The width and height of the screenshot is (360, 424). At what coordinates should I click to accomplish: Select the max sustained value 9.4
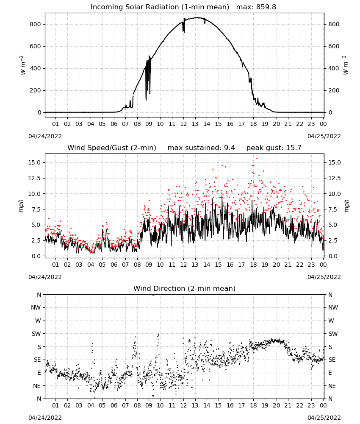(230, 148)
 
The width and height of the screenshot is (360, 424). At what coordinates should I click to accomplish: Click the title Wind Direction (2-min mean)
(185, 288)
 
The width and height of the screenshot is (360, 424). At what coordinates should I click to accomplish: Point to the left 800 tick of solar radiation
(36, 24)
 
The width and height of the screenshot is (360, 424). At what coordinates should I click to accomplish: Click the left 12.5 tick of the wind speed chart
(34, 178)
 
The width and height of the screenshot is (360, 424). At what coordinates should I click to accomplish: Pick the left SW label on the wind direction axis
(36, 334)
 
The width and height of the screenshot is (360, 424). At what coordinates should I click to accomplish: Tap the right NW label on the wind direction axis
(333, 307)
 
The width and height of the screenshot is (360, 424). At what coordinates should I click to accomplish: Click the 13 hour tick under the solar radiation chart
(195, 124)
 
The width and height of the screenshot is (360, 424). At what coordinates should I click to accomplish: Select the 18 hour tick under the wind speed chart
(253, 265)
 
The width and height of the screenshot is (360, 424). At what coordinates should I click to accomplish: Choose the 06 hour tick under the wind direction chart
(114, 405)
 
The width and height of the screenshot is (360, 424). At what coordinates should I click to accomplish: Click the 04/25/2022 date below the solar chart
(324, 136)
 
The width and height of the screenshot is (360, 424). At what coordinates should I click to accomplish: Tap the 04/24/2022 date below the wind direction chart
(45, 418)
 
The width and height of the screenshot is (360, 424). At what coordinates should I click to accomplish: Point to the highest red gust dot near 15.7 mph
(257, 159)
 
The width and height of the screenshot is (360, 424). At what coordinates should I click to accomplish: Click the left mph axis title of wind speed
(21, 206)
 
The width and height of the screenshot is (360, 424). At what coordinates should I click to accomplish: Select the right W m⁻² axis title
(346, 65)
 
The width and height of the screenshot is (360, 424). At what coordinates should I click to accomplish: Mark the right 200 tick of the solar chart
(334, 91)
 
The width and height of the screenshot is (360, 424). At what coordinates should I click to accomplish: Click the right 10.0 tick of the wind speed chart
(335, 194)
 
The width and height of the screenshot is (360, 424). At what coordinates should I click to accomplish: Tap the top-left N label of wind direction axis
(39, 295)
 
